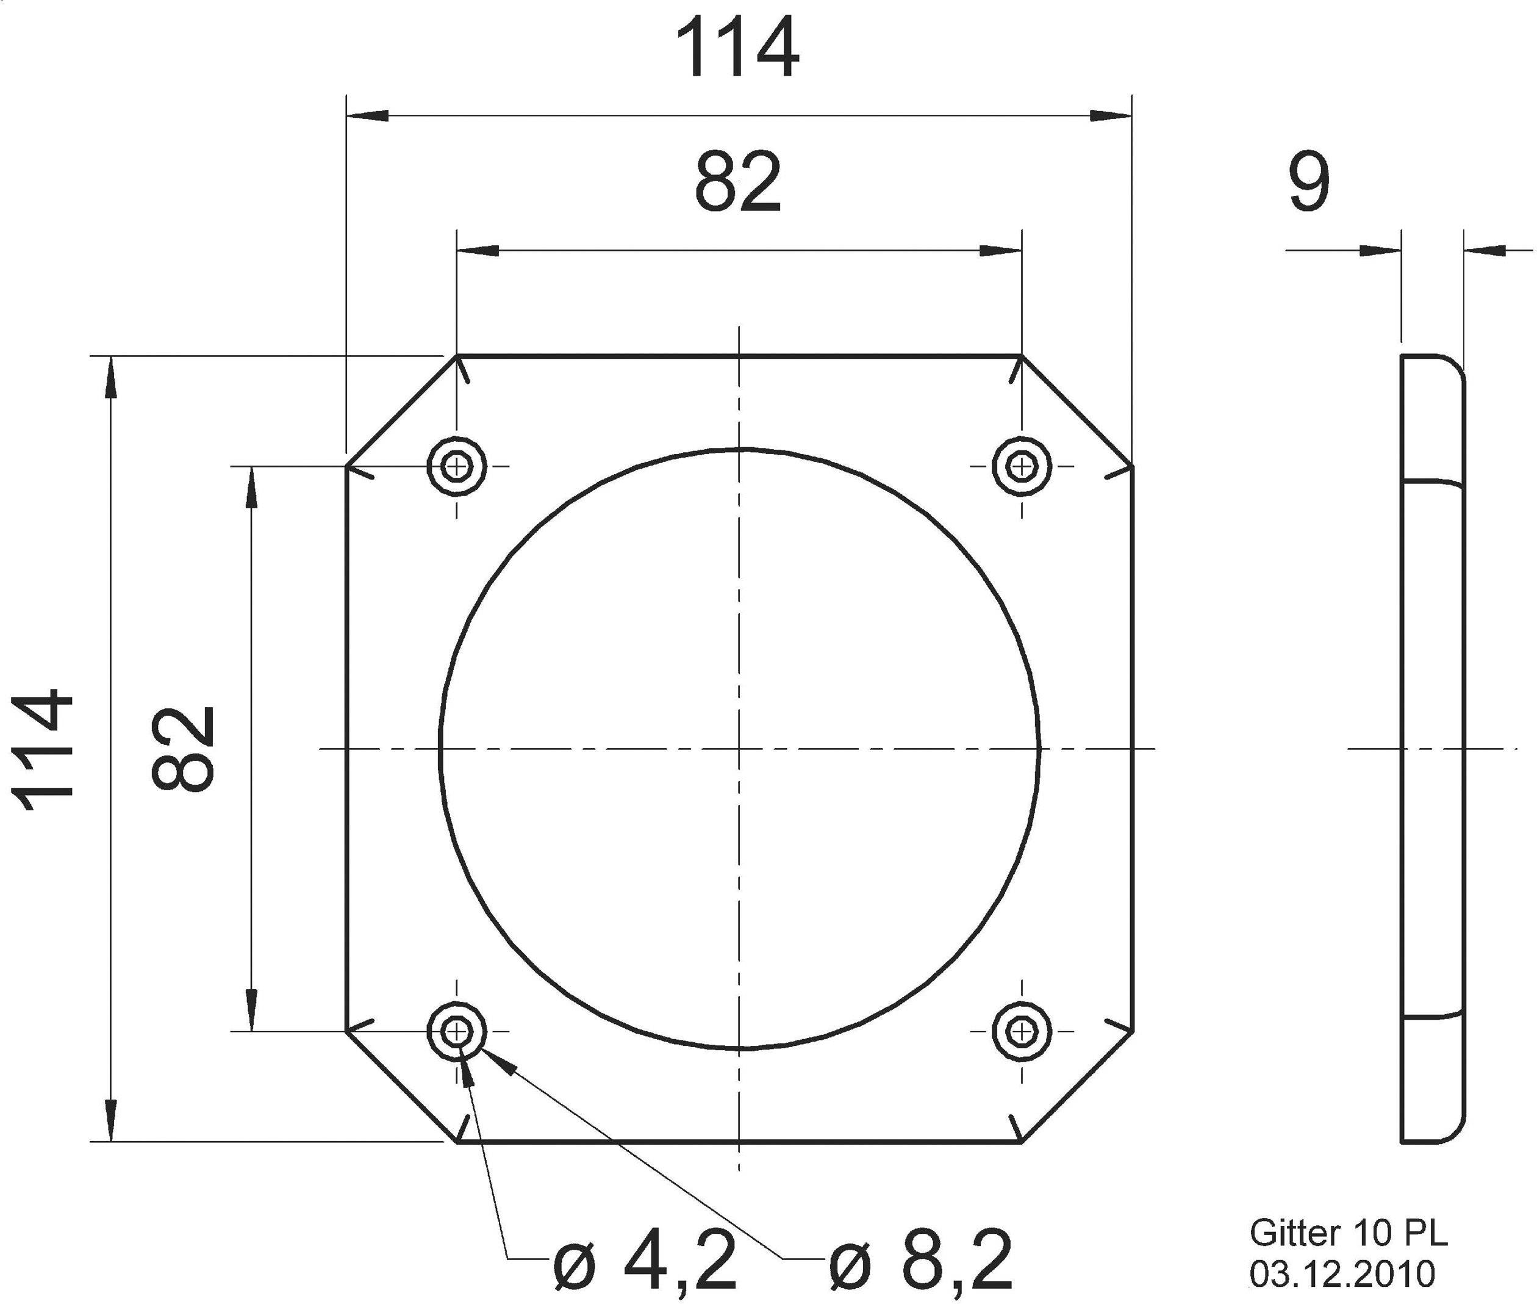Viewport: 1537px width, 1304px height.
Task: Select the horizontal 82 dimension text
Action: point(737,182)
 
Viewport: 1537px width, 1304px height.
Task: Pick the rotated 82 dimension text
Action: point(182,749)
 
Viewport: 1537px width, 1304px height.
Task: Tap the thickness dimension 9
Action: point(1309,182)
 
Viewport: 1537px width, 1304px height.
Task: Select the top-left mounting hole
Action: point(457,466)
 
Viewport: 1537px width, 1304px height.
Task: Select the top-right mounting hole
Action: point(1021,466)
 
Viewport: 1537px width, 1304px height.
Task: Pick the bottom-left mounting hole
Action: point(457,1031)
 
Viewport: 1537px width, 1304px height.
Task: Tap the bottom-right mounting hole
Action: point(1021,1031)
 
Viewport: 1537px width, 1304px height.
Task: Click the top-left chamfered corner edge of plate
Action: point(401,411)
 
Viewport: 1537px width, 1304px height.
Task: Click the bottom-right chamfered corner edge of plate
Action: point(1077,1087)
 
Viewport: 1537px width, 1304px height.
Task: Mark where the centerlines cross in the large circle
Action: point(739,749)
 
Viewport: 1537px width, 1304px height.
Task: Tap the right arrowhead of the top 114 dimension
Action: point(1112,115)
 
